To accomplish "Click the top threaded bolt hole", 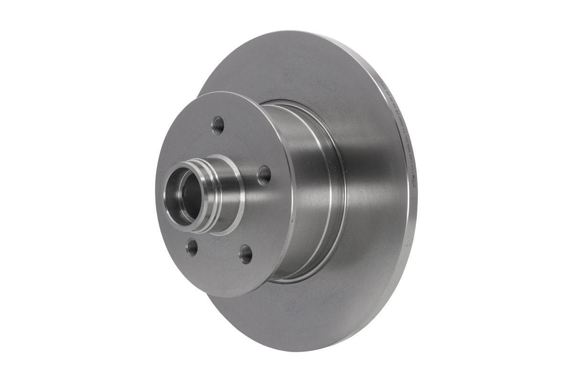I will [x=218, y=125].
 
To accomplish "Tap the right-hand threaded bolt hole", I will [x=264, y=175].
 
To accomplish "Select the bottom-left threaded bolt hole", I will [x=192, y=246].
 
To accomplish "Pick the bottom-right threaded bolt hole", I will [x=245, y=254].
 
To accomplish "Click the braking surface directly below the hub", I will [x=286, y=320].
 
